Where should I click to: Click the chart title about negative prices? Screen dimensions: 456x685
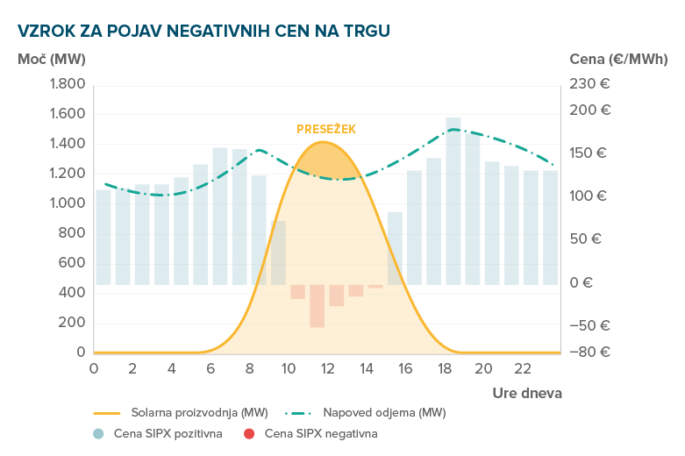click(x=203, y=30)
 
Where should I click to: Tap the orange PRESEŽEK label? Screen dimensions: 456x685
click(x=326, y=129)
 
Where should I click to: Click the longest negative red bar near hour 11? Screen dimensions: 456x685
click(x=317, y=305)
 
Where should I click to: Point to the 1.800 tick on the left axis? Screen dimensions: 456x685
click(x=68, y=84)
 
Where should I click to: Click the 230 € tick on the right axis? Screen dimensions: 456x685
click(x=589, y=84)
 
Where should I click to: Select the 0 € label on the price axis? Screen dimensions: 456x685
click(x=582, y=283)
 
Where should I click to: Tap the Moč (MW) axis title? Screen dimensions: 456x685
click(x=51, y=59)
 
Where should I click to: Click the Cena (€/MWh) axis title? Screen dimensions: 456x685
click(x=618, y=59)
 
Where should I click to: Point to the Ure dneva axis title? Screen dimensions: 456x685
click(x=526, y=392)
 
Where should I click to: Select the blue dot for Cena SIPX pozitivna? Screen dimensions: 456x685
click(x=97, y=433)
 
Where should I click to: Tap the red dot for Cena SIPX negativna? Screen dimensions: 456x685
click(x=249, y=433)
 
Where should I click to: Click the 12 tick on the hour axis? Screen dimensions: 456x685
click(x=327, y=368)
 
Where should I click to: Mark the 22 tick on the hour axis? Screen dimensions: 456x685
click(x=522, y=368)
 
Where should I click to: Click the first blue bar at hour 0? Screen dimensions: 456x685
click(x=103, y=237)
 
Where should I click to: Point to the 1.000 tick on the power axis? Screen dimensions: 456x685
click(x=68, y=203)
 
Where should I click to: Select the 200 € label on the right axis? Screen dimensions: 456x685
click(x=589, y=110)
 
